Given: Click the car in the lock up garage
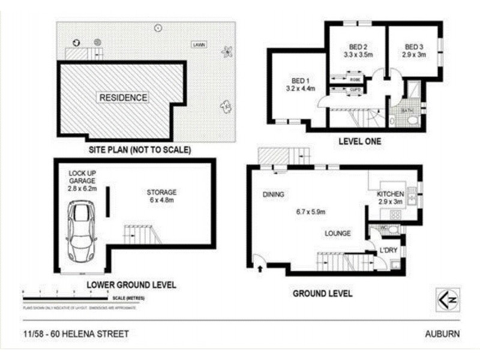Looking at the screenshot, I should (82, 230).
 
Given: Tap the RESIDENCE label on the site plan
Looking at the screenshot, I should (123, 97).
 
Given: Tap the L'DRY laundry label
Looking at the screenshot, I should (386, 250).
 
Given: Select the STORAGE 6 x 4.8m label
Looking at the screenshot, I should (161, 196).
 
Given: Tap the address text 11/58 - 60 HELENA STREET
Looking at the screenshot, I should (73, 334).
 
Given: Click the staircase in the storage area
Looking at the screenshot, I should (142, 234).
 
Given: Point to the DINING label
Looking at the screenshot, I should (273, 194).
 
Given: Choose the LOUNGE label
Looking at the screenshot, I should (338, 233).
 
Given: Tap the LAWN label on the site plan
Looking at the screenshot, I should (197, 45).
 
